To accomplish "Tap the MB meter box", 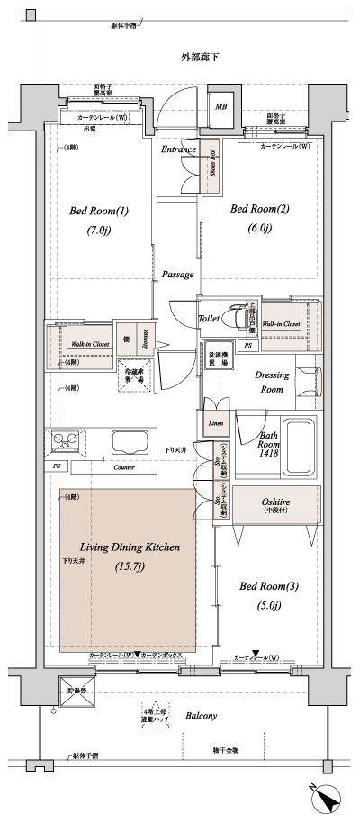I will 220,107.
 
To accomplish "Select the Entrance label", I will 179,149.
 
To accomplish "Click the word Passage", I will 178,274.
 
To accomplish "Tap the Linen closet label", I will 215,422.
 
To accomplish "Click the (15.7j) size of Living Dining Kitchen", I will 130,566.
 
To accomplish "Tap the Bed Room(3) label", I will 267,586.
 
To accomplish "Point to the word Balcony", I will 201,716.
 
